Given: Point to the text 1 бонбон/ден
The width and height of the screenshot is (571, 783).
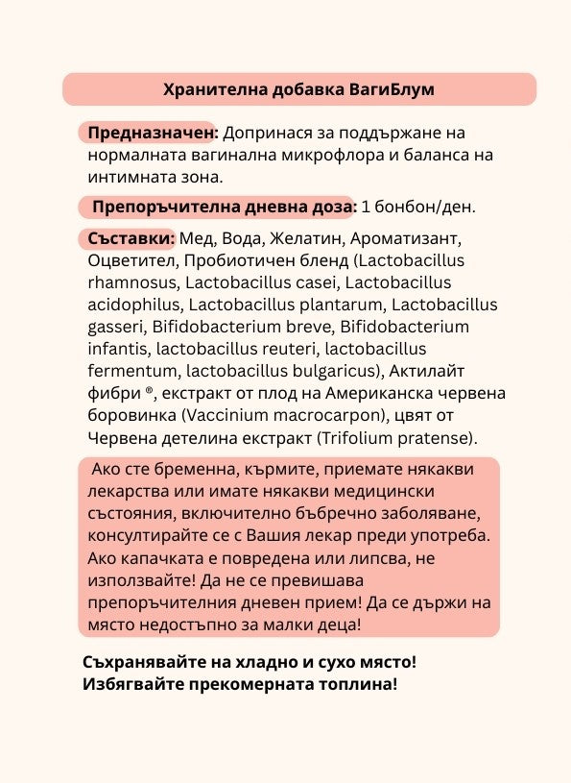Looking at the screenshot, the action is click(418, 207).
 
